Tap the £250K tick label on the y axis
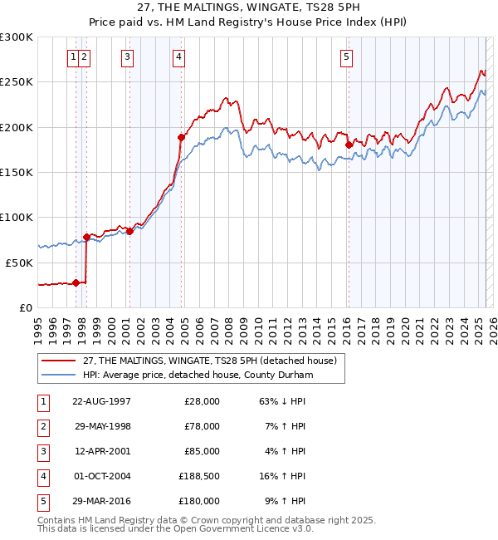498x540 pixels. pyautogui.click(x=17, y=82)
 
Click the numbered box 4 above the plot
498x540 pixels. pyautogui.click(x=179, y=57)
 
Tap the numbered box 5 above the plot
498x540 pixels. pyautogui.click(x=346, y=57)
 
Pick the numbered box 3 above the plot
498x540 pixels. pyautogui.click(x=127, y=57)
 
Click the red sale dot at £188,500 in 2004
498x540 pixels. pyautogui.click(x=181, y=137)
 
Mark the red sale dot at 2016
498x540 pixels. pyautogui.click(x=349, y=145)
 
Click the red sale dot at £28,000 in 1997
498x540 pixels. pyautogui.click(x=76, y=282)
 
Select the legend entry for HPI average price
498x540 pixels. pyautogui.click(x=198, y=376)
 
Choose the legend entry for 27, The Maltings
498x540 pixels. pyautogui.click(x=209, y=361)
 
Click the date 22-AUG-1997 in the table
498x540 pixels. pyautogui.click(x=101, y=401)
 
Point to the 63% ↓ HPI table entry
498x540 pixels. pyautogui.click(x=283, y=401)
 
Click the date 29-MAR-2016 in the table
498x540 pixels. pyautogui.click(x=101, y=501)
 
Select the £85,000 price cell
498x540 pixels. pyautogui.click(x=200, y=451)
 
